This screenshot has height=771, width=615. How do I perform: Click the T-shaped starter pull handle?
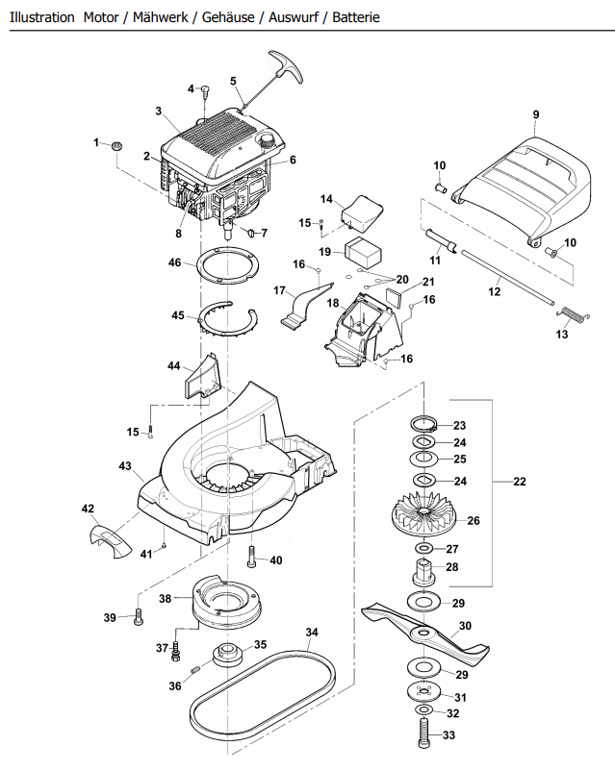(x=286, y=66)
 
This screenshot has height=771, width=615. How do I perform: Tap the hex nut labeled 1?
(x=117, y=145)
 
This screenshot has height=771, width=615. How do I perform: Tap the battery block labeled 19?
(x=365, y=252)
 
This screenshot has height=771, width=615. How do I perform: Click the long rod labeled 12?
(x=507, y=277)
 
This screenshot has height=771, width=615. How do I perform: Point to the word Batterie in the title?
(x=356, y=17)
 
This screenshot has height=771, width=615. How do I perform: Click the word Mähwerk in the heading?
(x=160, y=17)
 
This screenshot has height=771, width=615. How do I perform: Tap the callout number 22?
(x=520, y=482)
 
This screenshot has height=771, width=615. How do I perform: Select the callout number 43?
(x=125, y=465)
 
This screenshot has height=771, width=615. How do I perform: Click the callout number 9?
(x=536, y=114)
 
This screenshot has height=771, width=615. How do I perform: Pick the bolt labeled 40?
(x=252, y=558)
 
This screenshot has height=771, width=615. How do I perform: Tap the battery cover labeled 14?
(x=362, y=212)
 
